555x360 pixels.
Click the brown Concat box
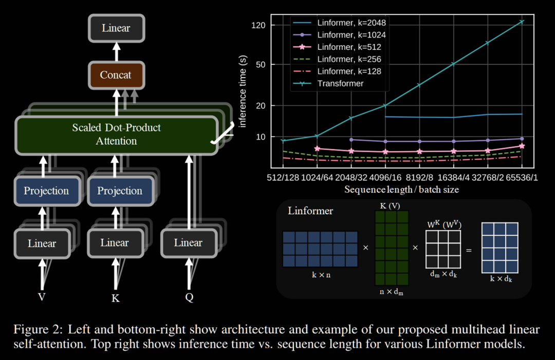point(116,75)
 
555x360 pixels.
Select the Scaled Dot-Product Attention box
point(116,135)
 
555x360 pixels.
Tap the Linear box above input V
point(42,243)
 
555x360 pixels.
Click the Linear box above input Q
point(188,242)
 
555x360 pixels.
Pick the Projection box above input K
point(120,191)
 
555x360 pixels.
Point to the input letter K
point(116,298)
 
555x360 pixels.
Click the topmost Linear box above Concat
point(116,28)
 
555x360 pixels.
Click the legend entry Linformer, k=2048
point(351,23)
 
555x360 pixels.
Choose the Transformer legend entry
point(340,83)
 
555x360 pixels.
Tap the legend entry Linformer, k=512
point(349,47)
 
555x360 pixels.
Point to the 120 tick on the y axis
point(258,25)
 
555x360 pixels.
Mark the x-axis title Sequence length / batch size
point(401,190)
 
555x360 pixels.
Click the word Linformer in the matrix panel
point(310,211)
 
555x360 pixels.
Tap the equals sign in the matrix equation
point(469,251)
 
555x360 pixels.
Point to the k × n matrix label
point(321,275)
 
